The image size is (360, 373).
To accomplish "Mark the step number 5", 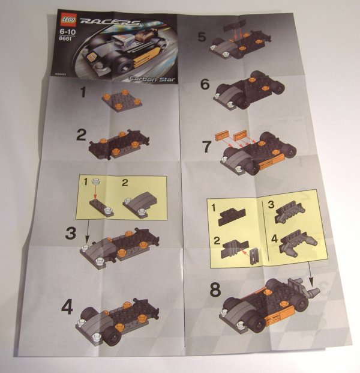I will (203, 37).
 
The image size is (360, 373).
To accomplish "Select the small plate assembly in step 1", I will (121, 101).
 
